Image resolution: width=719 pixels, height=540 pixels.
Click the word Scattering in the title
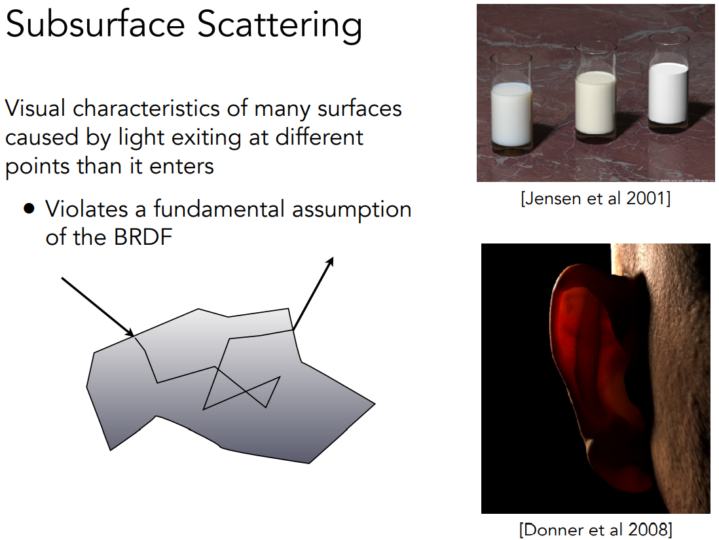279,26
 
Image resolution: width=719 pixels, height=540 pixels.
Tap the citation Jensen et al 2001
596,198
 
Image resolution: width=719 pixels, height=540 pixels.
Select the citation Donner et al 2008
596,530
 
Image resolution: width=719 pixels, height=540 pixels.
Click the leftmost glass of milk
511,104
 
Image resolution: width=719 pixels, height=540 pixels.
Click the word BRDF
143,237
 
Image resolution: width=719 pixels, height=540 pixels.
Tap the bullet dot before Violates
29,209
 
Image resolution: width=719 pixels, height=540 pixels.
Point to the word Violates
86,209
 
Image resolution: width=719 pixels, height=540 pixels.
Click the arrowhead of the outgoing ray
329,262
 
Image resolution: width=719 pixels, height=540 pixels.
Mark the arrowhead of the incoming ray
129,333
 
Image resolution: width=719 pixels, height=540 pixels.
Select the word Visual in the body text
35,109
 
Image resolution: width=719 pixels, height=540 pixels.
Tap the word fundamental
219,209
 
